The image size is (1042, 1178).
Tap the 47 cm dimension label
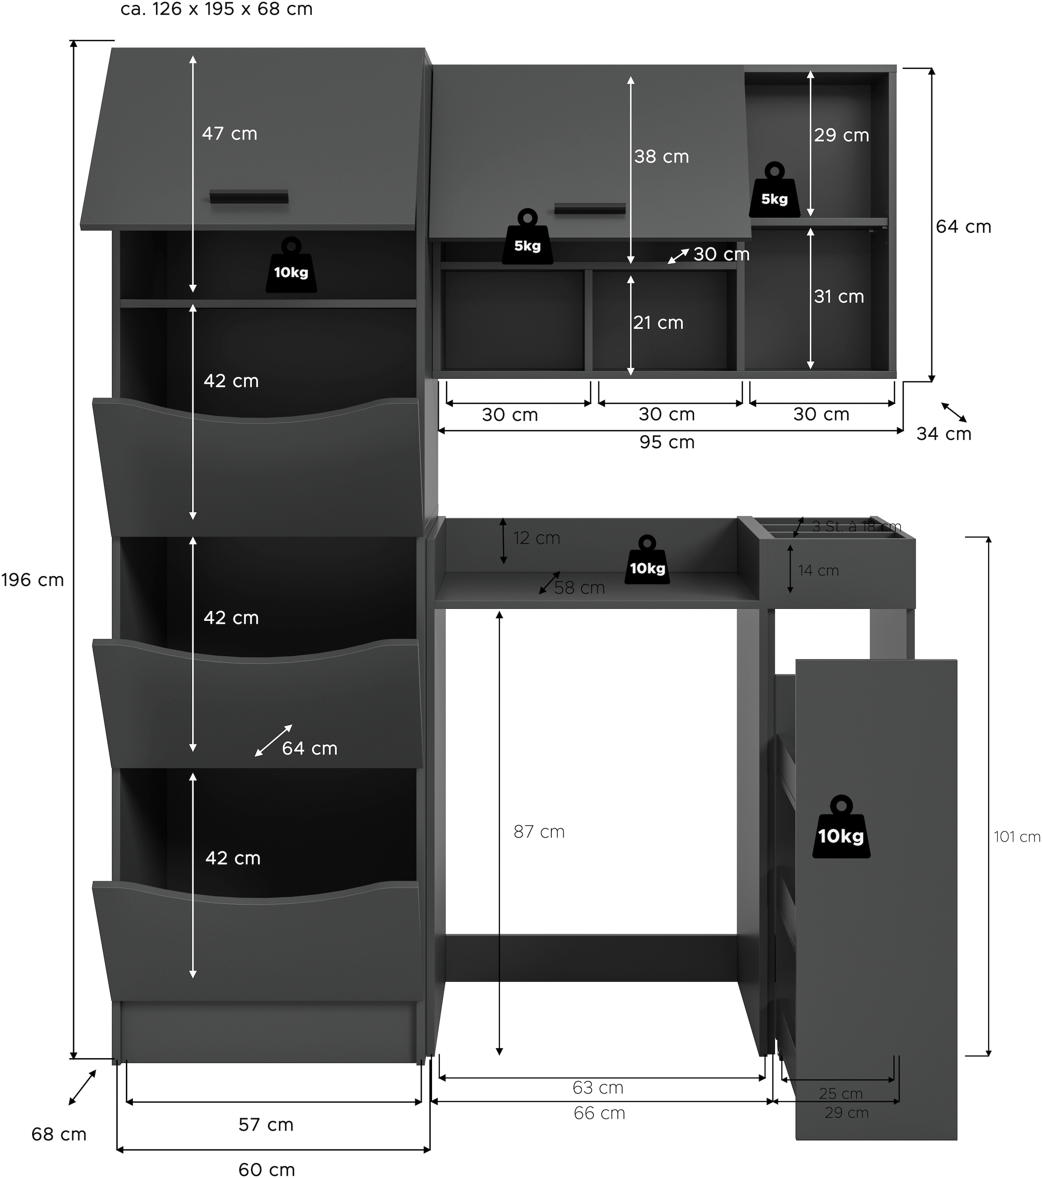coord(229,134)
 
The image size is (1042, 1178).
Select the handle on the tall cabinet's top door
coord(249,197)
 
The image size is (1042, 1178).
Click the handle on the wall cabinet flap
coord(590,208)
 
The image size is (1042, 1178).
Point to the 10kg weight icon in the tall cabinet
coord(291,266)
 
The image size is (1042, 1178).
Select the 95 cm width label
coord(667,442)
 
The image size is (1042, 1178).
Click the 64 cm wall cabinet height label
coord(963,227)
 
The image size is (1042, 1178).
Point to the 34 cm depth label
coord(944,433)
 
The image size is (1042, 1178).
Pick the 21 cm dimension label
coord(658,323)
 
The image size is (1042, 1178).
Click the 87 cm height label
coord(539,832)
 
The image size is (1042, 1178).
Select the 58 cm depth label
coord(579,588)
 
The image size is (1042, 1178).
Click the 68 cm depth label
coord(59,1134)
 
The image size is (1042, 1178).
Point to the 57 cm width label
coord(266,1125)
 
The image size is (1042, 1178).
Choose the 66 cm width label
coord(600,1113)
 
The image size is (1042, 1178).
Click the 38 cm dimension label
coord(662,156)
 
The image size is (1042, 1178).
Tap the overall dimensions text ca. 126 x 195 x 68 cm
coord(217,9)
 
